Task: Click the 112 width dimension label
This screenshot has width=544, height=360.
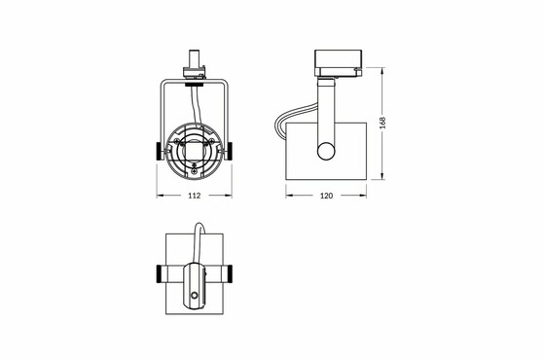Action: click(195, 196)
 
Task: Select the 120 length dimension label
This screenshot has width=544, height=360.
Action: click(326, 196)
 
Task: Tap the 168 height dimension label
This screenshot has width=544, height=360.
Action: click(382, 123)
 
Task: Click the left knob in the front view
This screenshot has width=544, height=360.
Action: click(159, 151)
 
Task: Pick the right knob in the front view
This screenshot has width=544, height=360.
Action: click(230, 151)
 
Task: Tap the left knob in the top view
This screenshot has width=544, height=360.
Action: click(160, 274)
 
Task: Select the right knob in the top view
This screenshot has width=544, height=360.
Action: click(229, 274)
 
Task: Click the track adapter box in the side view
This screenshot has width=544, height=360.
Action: click(339, 62)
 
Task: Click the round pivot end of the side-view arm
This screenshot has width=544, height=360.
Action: click(326, 151)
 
